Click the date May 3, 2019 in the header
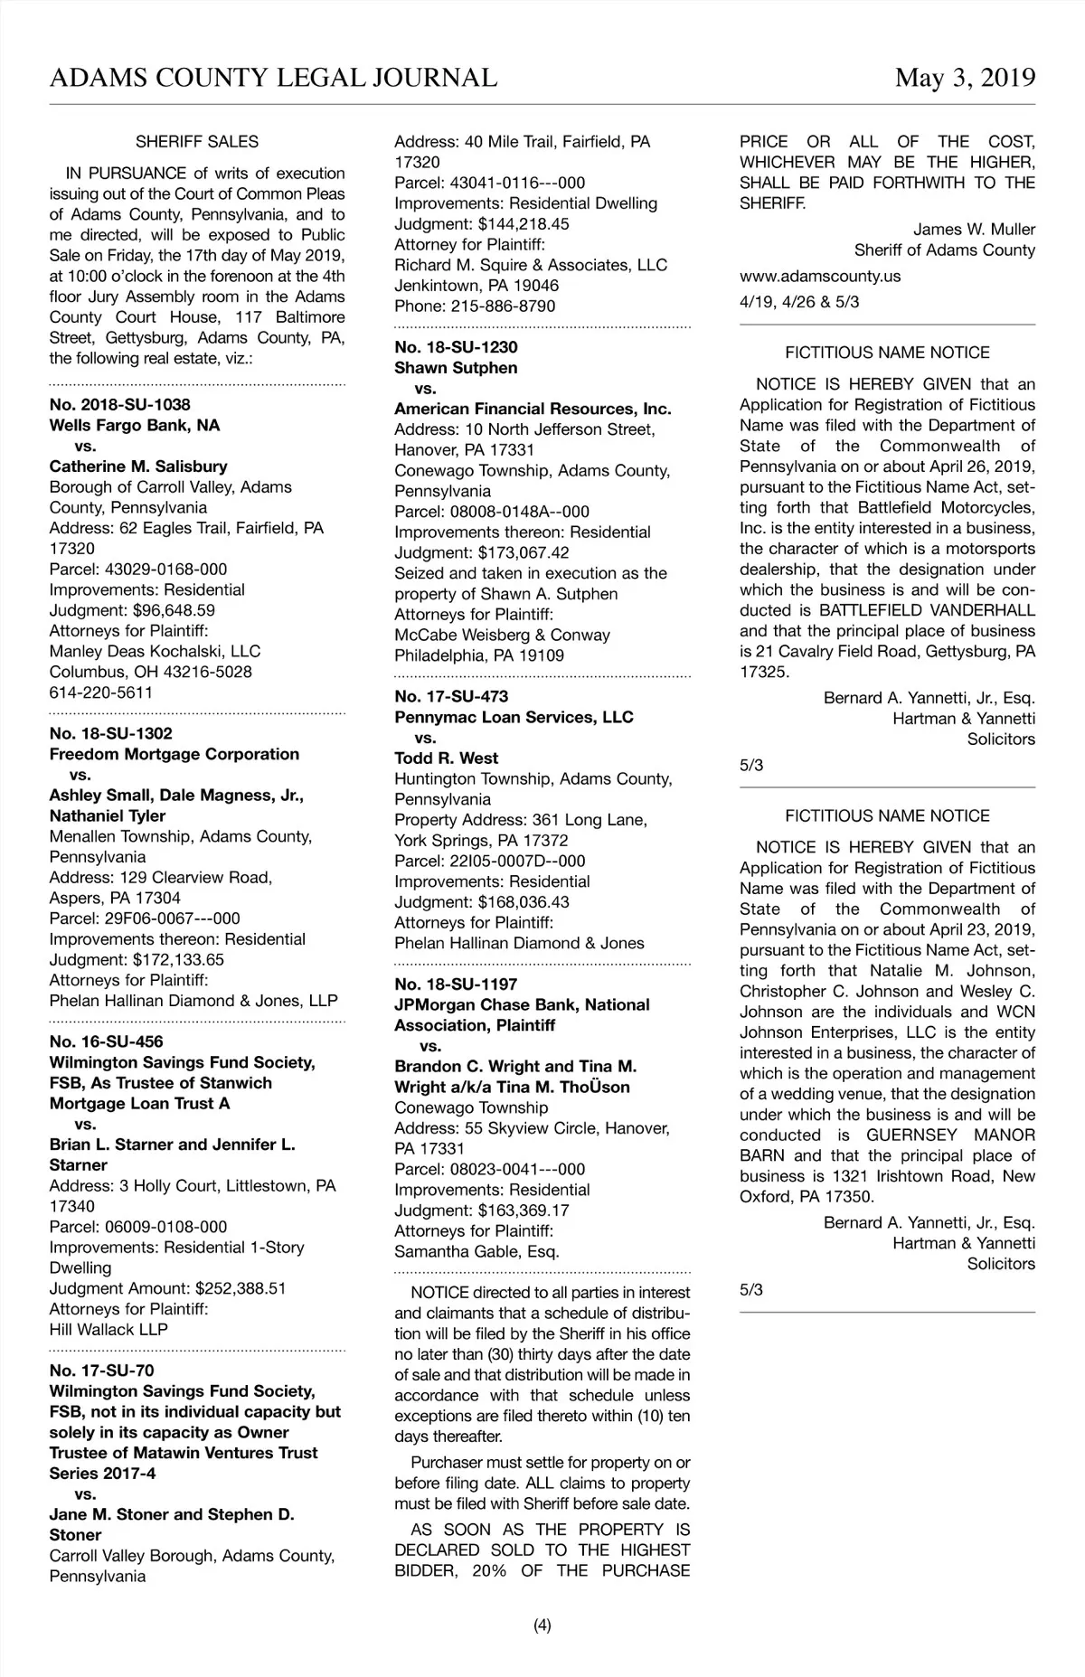tap(965, 79)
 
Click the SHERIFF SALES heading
tap(197, 142)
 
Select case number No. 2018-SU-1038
tap(119, 405)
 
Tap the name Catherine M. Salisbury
tap(138, 466)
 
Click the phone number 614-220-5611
tap(101, 692)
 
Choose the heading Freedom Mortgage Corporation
tap(174, 754)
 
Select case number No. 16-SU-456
tap(106, 1041)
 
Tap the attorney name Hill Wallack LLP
tap(108, 1329)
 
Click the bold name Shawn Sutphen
tap(456, 368)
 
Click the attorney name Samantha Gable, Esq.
tap(476, 1251)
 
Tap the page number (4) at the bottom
tap(542, 1625)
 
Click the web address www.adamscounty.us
tap(820, 276)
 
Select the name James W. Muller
tap(974, 230)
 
